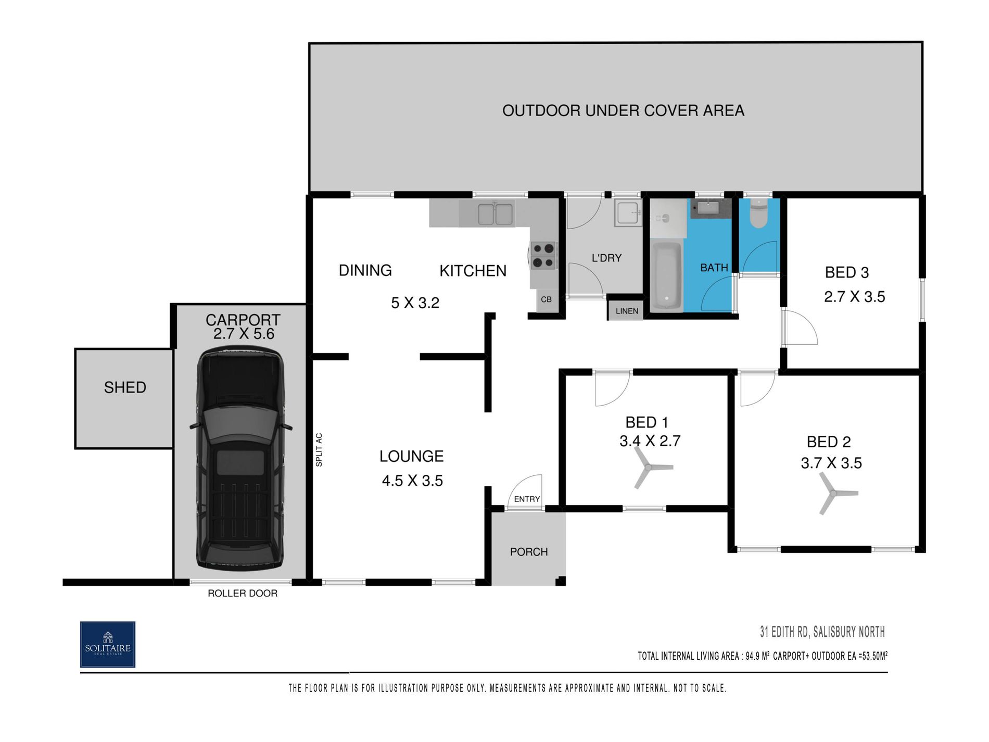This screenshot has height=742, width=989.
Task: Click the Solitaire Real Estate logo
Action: click(108, 644)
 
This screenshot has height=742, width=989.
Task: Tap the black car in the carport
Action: click(241, 459)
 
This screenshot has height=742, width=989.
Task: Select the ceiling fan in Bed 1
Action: click(651, 469)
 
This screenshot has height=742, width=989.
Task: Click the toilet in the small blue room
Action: click(758, 213)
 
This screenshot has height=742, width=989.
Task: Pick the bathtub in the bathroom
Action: click(666, 276)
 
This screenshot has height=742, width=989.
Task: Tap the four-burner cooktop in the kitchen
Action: click(543, 255)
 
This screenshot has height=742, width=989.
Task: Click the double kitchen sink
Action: click(495, 214)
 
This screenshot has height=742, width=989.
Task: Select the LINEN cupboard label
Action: click(627, 311)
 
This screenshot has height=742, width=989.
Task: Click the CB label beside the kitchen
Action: click(546, 299)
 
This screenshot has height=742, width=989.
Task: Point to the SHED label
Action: click(125, 387)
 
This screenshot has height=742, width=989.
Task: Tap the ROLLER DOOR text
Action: click(243, 593)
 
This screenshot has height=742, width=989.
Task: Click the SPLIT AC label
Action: click(319, 450)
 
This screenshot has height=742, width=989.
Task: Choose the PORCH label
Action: click(529, 552)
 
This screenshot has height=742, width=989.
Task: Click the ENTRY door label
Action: click(527, 499)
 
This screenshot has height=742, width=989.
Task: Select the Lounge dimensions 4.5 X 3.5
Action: click(412, 481)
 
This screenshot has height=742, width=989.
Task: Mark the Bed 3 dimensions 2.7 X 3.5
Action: click(854, 297)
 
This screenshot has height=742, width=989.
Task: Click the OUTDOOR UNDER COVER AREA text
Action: click(623, 110)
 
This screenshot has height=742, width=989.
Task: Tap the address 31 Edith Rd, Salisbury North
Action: click(822, 632)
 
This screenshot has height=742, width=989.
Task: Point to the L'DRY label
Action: click(606, 258)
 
